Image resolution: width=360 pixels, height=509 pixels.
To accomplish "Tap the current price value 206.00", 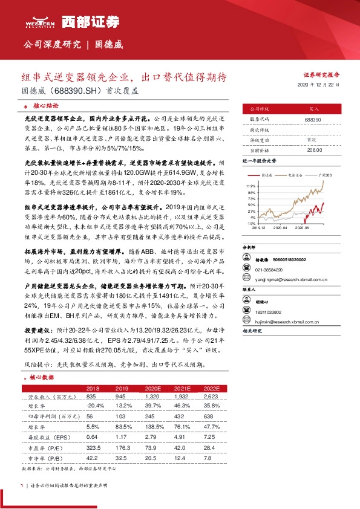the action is pos(313,149).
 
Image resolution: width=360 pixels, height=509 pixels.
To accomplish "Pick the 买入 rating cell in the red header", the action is pos(313,109).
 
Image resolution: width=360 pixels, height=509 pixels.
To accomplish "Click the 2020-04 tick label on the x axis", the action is pos(280,229).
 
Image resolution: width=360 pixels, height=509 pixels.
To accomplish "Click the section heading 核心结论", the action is pos(41,105).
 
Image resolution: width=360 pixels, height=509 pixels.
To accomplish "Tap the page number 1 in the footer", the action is pos(22,485).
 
